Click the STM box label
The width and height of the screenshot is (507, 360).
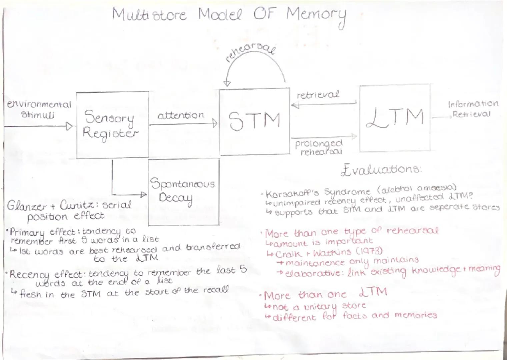[x=254, y=120]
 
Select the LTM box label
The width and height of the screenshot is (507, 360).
[x=395, y=118]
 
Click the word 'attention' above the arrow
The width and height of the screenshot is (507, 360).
[x=181, y=115]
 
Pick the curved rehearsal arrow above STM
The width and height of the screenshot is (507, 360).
[x=255, y=65]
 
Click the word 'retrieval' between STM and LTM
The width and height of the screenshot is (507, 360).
[x=318, y=95]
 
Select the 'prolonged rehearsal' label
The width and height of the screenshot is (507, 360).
[x=319, y=147]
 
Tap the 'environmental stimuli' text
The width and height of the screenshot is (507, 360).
[x=39, y=109]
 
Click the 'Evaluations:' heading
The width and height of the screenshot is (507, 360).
[x=381, y=170]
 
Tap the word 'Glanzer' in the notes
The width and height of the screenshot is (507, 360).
[x=27, y=206]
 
